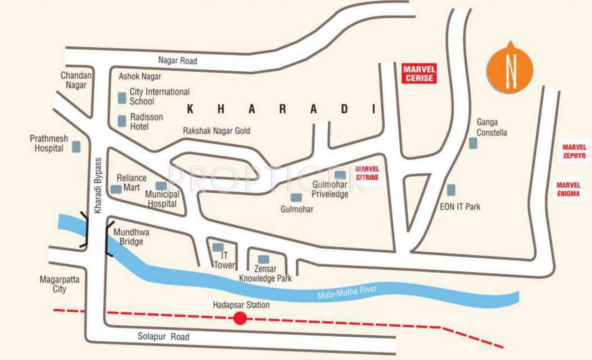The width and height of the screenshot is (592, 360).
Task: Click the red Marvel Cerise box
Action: click(x=419, y=74)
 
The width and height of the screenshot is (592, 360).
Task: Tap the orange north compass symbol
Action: click(x=510, y=68)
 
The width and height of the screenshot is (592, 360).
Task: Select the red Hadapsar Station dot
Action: click(x=240, y=318)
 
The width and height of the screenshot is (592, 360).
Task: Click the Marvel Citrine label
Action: click(x=367, y=173)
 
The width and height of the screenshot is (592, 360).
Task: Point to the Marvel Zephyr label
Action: click(x=574, y=151)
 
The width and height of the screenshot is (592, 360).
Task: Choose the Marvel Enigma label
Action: click(x=568, y=189)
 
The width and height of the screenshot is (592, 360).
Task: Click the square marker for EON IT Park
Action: click(x=451, y=190)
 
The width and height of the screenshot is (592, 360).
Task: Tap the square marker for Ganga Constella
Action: click(x=473, y=143)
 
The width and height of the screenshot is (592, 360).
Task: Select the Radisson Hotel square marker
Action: click(x=122, y=121)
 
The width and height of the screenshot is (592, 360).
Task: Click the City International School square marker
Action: click(x=122, y=97)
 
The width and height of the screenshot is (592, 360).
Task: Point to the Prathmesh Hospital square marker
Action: click(x=76, y=147)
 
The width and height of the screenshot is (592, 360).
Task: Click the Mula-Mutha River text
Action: click(x=347, y=292)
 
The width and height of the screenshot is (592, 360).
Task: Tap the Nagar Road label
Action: click(x=177, y=60)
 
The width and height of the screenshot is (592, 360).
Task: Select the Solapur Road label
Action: click(x=164, y=337)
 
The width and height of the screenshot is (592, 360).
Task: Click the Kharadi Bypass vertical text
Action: click(x=98, y=186)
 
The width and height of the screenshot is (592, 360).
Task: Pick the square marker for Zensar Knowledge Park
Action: click(x=263, y=259)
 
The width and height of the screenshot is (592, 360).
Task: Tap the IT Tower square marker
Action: click(x=217, y=247)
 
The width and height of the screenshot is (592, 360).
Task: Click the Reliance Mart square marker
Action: click(x=116, y=189)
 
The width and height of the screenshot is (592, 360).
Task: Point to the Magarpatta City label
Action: click(x=60, y=284)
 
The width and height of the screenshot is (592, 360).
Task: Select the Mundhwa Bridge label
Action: click(x=128, y=237)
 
